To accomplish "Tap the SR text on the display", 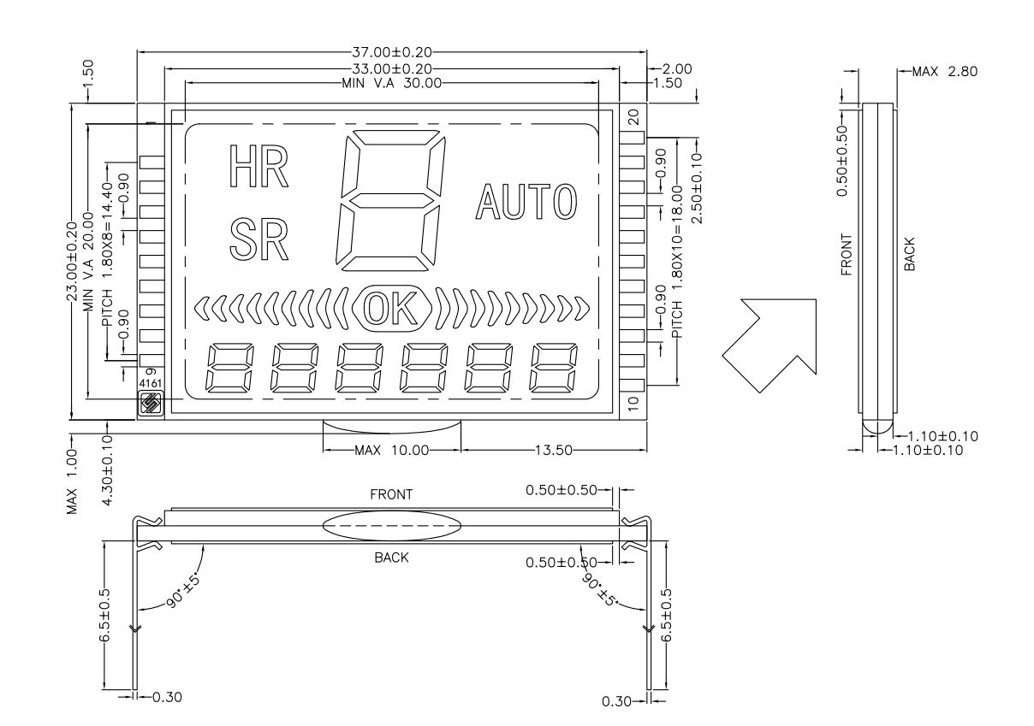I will pyautogui.click(x=259, y=239).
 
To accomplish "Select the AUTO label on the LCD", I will pyautogui.click(x=526, y=202).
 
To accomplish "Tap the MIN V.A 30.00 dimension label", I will pyautogui.click(x=392, y=83).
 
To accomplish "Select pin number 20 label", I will pyautogui.click(x=634, y=117).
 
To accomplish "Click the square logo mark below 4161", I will pyautogui.click(x=150, y=403).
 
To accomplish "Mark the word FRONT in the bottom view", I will pyautogui.click(x=392, y=494).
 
